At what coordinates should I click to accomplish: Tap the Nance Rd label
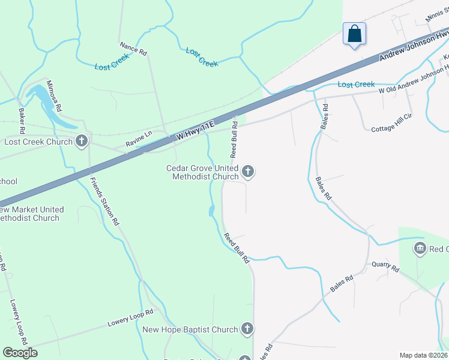pos(133,49)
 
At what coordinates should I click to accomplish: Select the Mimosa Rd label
pos(55,94)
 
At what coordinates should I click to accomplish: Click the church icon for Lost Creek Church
pos(82,142)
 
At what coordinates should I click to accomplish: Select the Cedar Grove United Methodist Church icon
pos(247,172)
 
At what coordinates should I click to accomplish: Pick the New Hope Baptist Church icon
pos(247,328)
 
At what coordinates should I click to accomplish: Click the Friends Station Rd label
pos(104,201)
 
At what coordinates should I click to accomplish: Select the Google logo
pos(20,353)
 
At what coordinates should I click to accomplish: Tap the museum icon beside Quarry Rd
pos(420,248)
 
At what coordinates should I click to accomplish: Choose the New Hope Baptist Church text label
pos(190,329)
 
